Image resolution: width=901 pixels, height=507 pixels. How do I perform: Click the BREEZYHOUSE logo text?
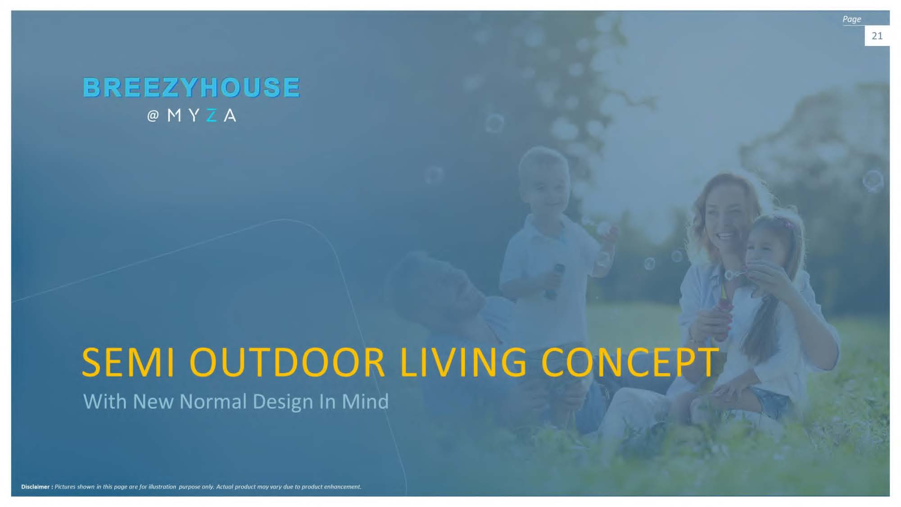pos(191,87)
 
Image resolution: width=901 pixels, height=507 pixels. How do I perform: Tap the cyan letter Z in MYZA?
pos(211,116)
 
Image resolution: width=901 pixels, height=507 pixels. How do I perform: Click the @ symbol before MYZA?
pos(153,116)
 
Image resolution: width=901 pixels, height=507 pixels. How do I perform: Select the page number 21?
pos(877,36)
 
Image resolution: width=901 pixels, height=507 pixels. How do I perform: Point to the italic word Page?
pos(851,19)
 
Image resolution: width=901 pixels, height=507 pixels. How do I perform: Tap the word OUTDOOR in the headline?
pos(287,362)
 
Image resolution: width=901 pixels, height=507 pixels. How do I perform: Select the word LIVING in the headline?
pos(463,362)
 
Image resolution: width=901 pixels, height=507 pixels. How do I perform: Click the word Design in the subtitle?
pos(283,402)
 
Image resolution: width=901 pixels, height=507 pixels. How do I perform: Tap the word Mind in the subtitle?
pos(365,401)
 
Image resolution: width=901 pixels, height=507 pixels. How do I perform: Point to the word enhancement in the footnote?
pos(342,487)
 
